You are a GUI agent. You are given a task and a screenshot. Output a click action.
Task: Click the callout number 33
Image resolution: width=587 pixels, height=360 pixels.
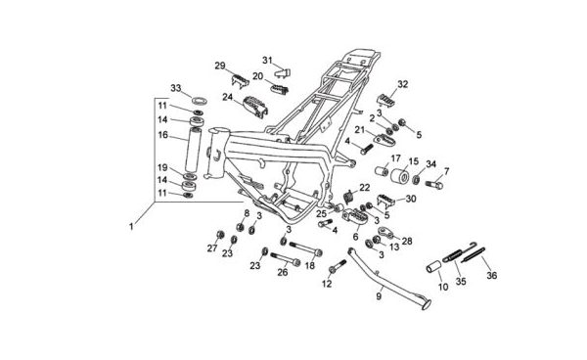click(x=175, y=88)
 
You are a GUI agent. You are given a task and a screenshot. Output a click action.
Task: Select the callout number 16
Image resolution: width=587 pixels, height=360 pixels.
click(x=162, y=135)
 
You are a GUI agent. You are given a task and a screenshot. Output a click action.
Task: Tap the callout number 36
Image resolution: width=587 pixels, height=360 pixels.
click(x=491, y=276)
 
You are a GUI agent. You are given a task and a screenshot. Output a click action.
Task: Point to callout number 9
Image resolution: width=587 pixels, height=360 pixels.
click(x=379, y=296)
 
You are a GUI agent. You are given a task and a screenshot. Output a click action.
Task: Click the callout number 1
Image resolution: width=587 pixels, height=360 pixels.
click(x=131, y=227)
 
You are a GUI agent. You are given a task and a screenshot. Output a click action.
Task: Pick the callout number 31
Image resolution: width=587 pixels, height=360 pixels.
click(x=267, y=61)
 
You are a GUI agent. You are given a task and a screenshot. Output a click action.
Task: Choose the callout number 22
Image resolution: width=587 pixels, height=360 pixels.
click(x=365, y=188)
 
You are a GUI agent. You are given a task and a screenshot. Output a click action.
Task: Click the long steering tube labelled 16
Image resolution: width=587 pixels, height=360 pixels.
click(x=195, y=149)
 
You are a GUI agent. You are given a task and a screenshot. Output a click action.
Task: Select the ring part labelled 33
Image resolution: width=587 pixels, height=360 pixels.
click(x=200, y=101)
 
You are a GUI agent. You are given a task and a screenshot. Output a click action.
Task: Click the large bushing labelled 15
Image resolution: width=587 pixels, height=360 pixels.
click(x=399, y=176)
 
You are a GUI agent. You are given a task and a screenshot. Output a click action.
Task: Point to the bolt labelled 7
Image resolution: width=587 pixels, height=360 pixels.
click(x=434, y=184)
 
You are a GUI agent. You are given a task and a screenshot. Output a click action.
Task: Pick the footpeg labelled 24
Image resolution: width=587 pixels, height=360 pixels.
click(x=255, y=107)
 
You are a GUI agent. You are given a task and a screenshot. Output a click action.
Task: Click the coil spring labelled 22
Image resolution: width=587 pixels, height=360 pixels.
click(x=348, y=197)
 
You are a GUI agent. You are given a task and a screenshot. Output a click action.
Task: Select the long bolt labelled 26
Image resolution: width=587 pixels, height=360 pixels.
click(x=286, y=258)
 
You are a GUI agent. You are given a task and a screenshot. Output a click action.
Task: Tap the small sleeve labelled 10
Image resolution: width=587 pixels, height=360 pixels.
click(x=433, y=269)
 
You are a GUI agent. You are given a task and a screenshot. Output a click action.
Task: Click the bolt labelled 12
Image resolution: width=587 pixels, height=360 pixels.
click(x=338, y=266)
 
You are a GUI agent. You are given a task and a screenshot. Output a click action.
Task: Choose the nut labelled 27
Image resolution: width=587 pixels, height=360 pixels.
click(x=220, y=235)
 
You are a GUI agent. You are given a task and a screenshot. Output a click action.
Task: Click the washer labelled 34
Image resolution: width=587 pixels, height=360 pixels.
click(x=416, y=180)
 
